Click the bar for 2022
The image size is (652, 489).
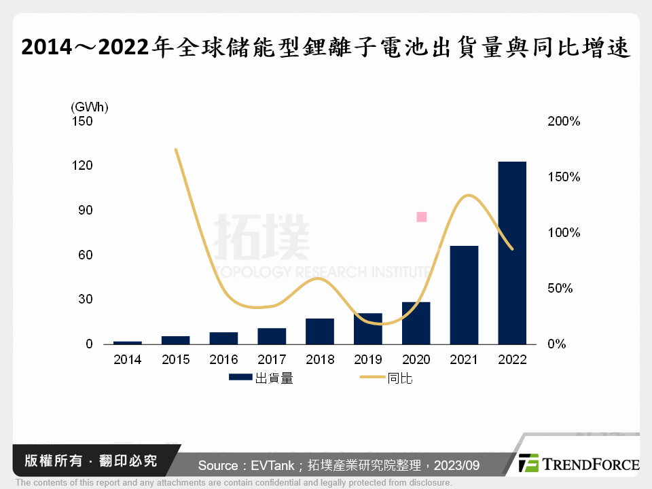(512, 253)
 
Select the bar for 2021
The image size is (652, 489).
(464, 295)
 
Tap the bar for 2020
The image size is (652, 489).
(416, 323)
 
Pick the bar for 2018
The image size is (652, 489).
(320, 331)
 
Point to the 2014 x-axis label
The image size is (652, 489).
(128, 360)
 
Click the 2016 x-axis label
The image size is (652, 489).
(223, 360)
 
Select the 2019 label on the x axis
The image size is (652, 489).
(367, 360)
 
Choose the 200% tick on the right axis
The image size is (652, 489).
(563, 122)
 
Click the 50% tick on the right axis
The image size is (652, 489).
(563, 289)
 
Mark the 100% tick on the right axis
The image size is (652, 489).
(563, 233)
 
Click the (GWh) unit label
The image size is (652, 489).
(89, 107)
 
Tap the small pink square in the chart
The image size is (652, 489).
(421, 217)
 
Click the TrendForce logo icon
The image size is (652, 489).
(529, 463)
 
